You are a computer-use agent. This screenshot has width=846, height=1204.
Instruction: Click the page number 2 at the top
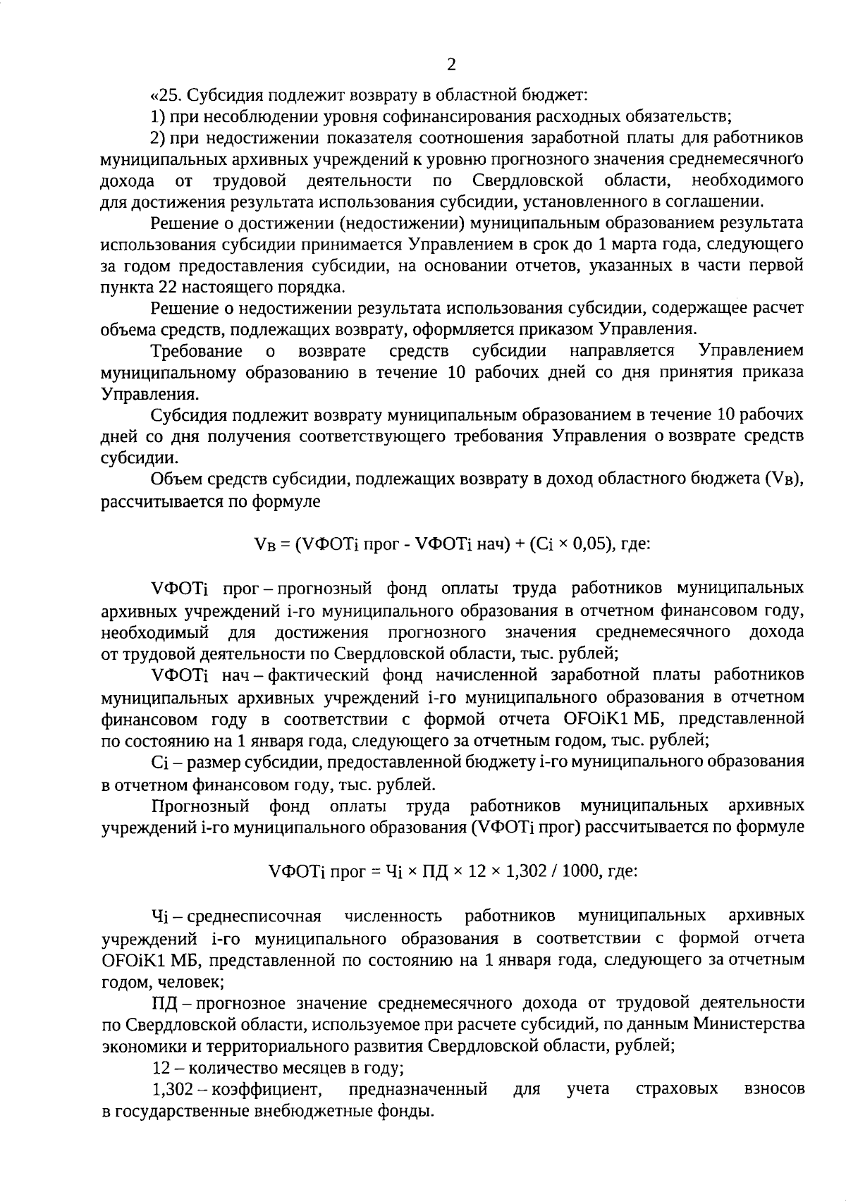pos(451,65)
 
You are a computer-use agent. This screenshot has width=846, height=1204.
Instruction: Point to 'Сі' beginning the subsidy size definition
pos(159,762)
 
